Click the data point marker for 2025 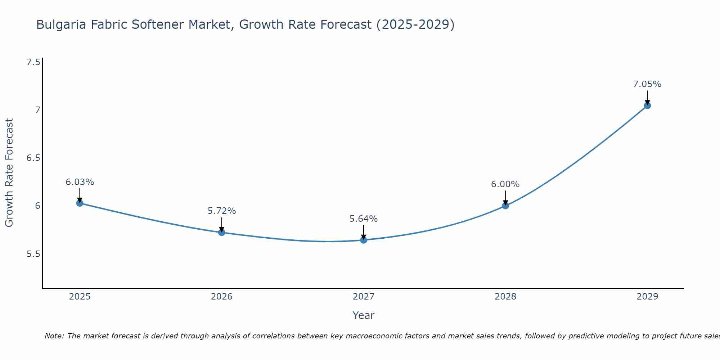(x=80, y=203)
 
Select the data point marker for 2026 (x=221, y=233)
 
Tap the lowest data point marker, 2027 (x=364, y=240)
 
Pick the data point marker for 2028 (x=505, y=206)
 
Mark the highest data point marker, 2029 (x=647, y=105)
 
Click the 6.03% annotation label (x=80, y=182)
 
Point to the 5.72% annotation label (x=221, y=211)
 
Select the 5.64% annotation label (x=364, y=219)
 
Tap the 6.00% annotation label (x=505, y=184)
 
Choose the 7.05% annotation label (x=647, y=84)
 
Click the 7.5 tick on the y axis (x=33, y=62)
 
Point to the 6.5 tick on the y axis (x=33, y=158)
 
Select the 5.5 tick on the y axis (x=33, y=254)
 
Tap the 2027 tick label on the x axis (x=364, y=297)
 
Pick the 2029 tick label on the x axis (x=647, y=297)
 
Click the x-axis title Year (x=364, y=315)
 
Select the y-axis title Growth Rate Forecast (x=9, y=173)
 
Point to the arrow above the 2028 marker (x=505, y=198)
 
